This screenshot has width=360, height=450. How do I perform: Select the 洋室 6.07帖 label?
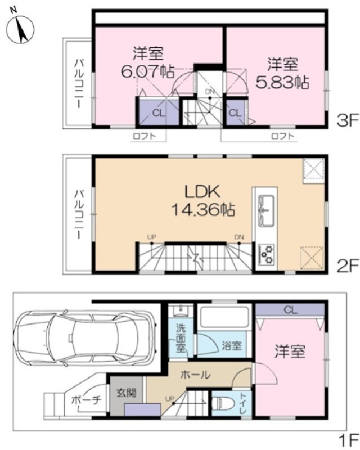tap(148, 63)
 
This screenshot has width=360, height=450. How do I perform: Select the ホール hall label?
tap(196, 375)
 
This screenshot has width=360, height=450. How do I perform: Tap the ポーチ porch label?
tap(85, 400)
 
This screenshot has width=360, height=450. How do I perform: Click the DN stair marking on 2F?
tap(239, 237)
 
